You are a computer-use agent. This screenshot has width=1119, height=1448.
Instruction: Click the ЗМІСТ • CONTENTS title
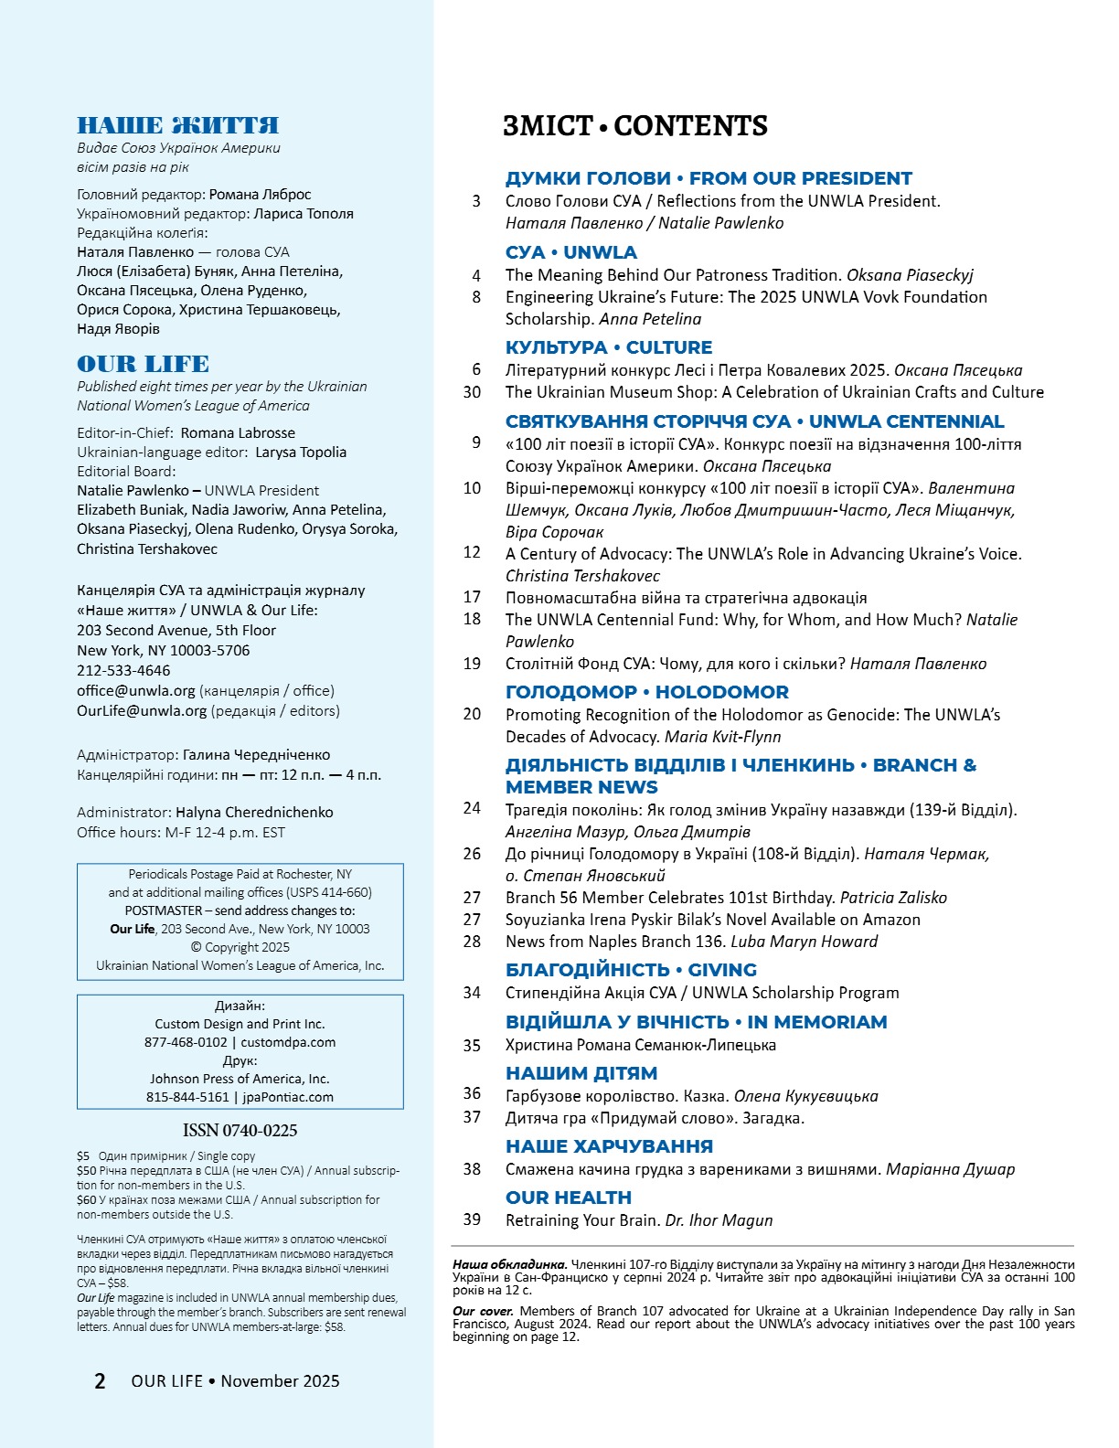(634, 126)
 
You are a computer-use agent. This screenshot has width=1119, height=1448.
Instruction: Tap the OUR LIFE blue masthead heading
(143, 364)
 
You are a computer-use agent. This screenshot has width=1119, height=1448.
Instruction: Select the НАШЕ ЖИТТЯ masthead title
(177, 125)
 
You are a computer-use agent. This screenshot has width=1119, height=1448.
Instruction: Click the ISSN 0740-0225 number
(240, 1130)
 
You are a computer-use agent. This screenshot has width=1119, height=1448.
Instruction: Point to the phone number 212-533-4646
(123, 670)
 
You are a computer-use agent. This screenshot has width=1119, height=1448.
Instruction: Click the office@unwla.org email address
(136, 690)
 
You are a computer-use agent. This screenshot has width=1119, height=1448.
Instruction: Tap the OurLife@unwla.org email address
(142, 710)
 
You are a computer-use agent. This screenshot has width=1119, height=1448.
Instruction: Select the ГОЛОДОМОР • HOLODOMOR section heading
(646, 692)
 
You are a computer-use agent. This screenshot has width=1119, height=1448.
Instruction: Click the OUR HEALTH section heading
(568, 1198)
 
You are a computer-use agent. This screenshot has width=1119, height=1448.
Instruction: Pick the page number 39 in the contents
(472, 1219)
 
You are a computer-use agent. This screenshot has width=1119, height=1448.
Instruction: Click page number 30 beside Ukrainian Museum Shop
(472, 392)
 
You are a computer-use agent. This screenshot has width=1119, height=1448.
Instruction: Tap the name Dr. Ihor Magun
(719, 1220)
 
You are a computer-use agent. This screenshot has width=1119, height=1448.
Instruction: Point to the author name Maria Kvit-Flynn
(722, 737)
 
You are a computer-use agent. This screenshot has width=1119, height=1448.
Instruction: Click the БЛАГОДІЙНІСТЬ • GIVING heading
(631, 970)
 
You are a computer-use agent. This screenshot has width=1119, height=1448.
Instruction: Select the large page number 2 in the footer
(100, 1380)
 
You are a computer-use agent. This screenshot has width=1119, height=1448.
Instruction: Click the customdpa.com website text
(288, 1042)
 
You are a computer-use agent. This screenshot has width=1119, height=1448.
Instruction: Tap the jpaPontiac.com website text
(288, 1097)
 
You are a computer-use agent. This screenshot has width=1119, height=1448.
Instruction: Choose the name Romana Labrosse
(238, 432)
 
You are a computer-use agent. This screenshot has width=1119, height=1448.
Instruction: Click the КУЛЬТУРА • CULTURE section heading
(608, 347)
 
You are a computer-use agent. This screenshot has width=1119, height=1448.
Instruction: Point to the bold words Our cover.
(476, 1311)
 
